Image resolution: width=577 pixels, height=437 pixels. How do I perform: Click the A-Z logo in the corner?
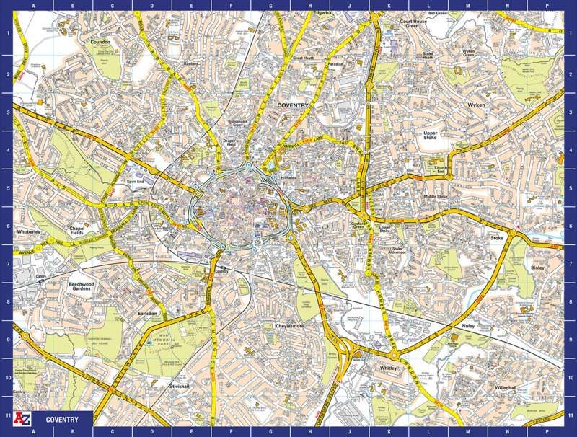pyautogui.click(x=23, y=419)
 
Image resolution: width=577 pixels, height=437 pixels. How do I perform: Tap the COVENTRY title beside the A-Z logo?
pyautogui.click(x=62, y=419)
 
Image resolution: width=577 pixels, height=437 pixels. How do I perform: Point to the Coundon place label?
pyautogui.click(x=101, y=42)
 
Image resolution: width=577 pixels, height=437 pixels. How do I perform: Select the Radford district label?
pyautogui.click(x=191, y=63)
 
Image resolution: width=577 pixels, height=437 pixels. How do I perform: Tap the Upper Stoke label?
pyautogui.click(x=431, y=136)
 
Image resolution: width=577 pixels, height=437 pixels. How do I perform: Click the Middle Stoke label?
pyautogui.click(x=436, y=196)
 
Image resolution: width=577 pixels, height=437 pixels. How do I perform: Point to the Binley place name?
pyautogui.click(x=537, y=268)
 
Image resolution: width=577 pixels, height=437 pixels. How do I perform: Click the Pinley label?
pyautogui.click(x=468, y=326)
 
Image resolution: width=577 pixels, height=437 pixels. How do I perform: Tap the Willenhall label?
pyautogui.click(x=506, y=387)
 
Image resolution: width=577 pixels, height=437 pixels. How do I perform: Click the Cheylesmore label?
pyautogui.click(x=292, y=326)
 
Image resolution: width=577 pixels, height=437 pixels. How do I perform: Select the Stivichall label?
pyautogui.click(x=179, y=387)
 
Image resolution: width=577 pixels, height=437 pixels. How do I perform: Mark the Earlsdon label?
pyautogui.click(x=147, y=314)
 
